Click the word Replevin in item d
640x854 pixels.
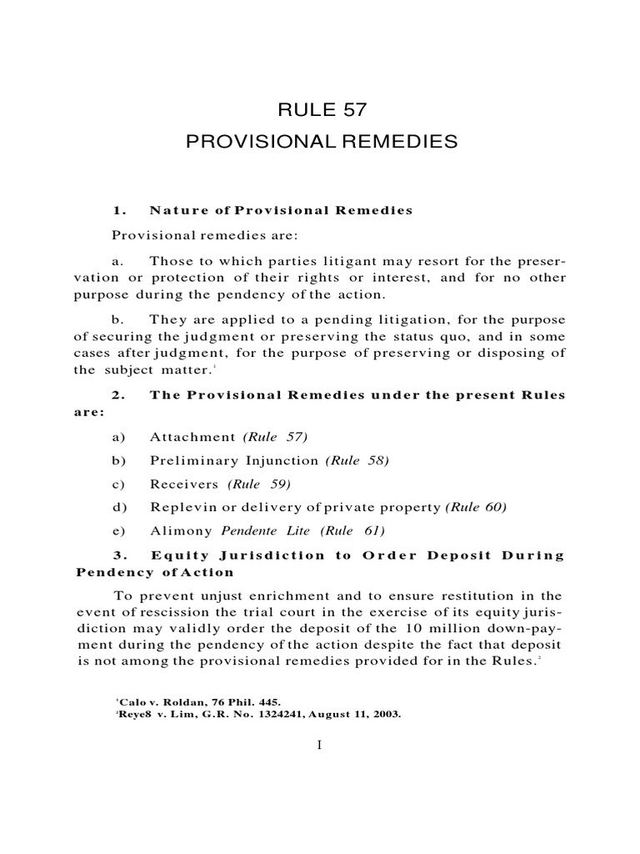pyautogui.click(x=180, y=507)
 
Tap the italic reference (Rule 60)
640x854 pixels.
pyautogui.click(x=476, y=507)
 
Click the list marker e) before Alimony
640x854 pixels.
pyautogui.click(x=116, y=530)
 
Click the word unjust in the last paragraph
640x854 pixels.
pyautogui.click(x=205, y=595)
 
